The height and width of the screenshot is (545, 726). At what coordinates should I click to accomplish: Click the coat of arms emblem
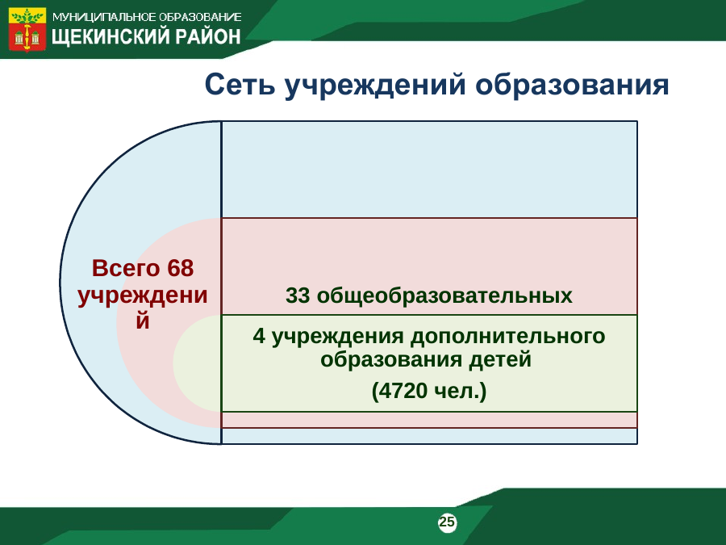click(x=27, y=29)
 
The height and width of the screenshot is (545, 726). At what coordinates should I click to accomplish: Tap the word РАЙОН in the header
click(x=208, y=36)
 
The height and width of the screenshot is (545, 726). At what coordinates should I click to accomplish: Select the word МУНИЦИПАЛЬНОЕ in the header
click(x=104, y=17)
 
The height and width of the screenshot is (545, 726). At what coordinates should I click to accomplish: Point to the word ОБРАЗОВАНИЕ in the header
click(x=200, y=17)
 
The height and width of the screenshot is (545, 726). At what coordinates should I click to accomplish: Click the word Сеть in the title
click(x=240, y=85)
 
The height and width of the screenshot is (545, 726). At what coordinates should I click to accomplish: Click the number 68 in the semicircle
click(x=180, y=268)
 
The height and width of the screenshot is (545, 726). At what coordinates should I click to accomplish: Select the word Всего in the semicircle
click(x=126, y=268)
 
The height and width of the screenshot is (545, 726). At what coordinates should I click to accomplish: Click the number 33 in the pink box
click(x=298, y=296)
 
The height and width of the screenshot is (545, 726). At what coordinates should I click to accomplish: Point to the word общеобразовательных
click(x=444, y=296)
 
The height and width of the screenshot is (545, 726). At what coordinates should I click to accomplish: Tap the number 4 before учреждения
click(x=259, y=337)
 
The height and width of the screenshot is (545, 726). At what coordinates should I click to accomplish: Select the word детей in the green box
click(x=500, y=360)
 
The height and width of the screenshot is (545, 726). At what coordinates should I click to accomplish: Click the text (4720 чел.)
click(x=429, y=391)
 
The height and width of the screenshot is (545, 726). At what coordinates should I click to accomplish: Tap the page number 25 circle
click(x=447, y=522)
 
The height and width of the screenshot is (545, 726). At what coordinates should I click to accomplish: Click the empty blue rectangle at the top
click(x=429, y=170)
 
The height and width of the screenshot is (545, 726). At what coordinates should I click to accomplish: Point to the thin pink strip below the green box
click(x=429, y=420)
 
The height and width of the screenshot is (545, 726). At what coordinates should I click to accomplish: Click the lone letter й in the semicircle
click(x=143, y=321)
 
